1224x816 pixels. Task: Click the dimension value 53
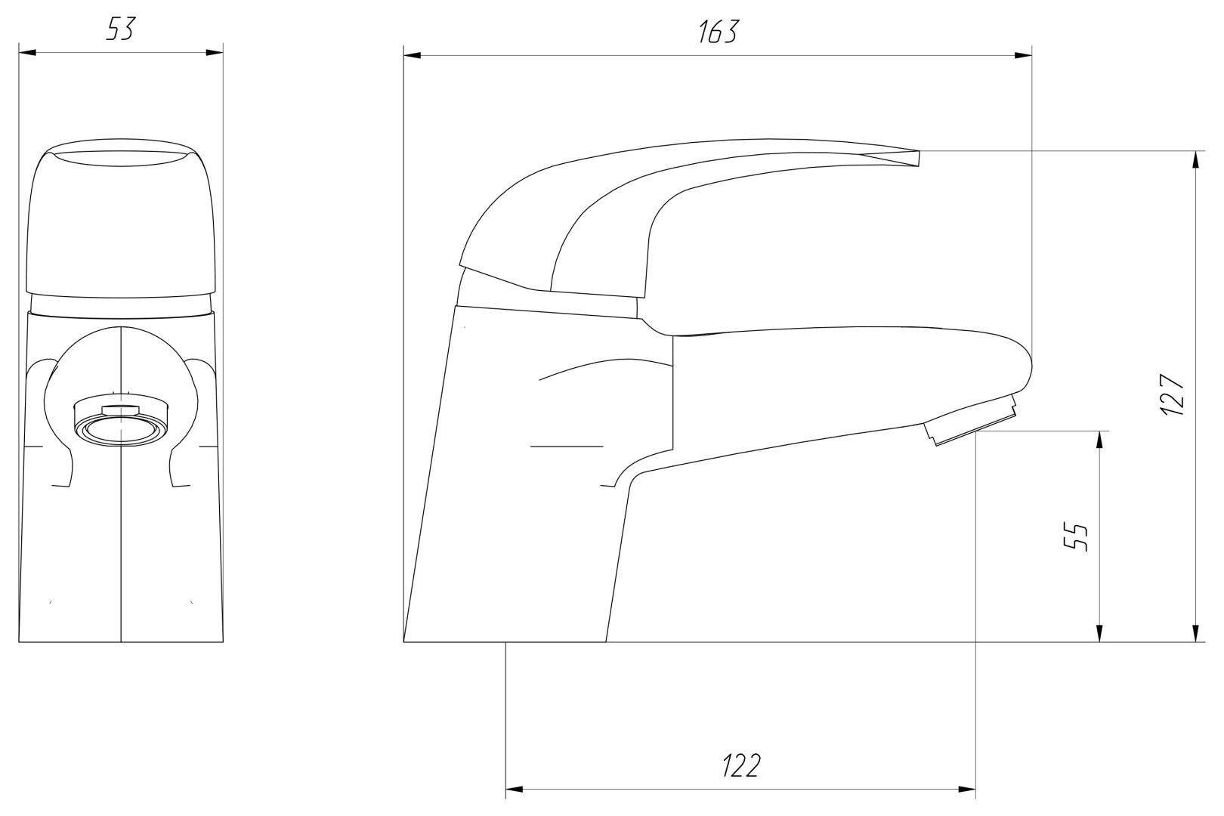click(x=121, y=29)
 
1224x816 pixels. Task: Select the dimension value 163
click(x=719, y=32)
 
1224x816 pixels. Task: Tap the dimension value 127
click(x=1173, y=395)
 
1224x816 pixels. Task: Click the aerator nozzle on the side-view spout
click(x=971, y=420)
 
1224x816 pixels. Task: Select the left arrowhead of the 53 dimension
click(x=27, y=53)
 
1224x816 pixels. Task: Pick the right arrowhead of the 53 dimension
click(x=215, y=53)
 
